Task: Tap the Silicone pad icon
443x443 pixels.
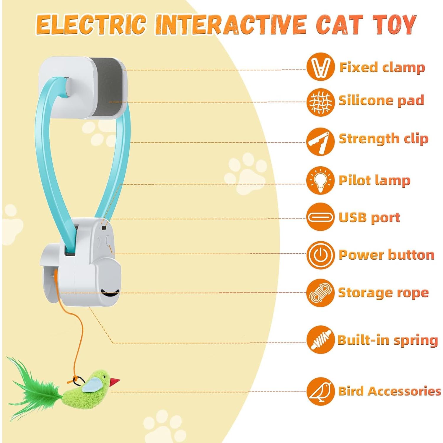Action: tap(320, 102)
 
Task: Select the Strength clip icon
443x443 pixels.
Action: tap(320, 141)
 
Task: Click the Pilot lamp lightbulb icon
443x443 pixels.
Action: tap(320, 180)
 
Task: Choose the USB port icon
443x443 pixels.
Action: tap(320, 217)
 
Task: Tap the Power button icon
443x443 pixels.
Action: tap(320, 255)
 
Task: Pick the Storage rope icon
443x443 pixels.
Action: tap(320, 293)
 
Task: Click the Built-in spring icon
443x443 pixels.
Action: tap(320, 340)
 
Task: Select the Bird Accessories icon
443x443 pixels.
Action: tap(320, 391)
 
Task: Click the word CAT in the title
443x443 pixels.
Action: tap(339, 25)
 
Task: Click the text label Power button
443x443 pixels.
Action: tap(386, 255)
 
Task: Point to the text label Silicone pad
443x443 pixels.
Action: tap(381, 101)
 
